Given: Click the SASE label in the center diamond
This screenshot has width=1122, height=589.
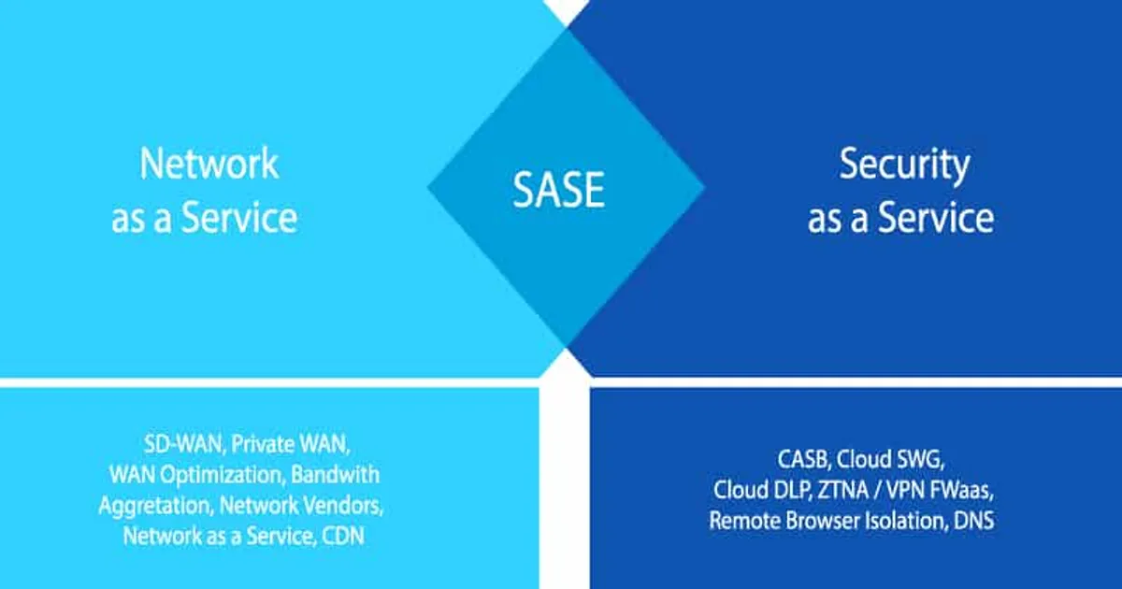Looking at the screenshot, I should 558,191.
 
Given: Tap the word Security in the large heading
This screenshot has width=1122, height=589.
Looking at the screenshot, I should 903,165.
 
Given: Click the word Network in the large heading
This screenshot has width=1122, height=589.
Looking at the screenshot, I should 209,164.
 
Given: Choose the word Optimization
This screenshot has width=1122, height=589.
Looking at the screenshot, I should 227,474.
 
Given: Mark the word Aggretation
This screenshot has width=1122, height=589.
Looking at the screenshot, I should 155,506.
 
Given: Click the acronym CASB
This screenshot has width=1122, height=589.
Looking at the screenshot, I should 803,459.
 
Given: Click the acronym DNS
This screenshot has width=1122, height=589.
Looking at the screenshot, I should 973,521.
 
